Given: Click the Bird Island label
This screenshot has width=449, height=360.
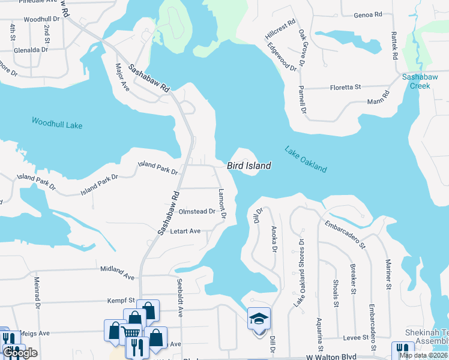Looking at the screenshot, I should [249, 166].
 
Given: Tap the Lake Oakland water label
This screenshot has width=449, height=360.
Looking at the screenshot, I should [306, 159].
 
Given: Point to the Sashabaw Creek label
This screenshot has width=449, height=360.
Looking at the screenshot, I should [416, 82].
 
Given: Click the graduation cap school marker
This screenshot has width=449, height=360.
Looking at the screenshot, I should [259, 318].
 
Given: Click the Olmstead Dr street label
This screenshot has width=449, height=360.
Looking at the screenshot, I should [197, 211].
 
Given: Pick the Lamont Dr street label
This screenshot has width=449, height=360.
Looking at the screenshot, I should [222, 203].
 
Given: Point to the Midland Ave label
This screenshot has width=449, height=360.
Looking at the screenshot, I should [118, 273].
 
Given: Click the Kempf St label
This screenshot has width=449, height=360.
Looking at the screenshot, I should [122, 299].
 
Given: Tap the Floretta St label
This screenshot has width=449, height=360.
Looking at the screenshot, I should [345, 88].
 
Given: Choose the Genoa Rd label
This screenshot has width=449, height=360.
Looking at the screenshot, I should [368, 14].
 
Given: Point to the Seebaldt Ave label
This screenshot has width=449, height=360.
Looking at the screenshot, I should [179, 297].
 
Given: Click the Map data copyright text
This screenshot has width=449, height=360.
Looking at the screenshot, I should [423, 355].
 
